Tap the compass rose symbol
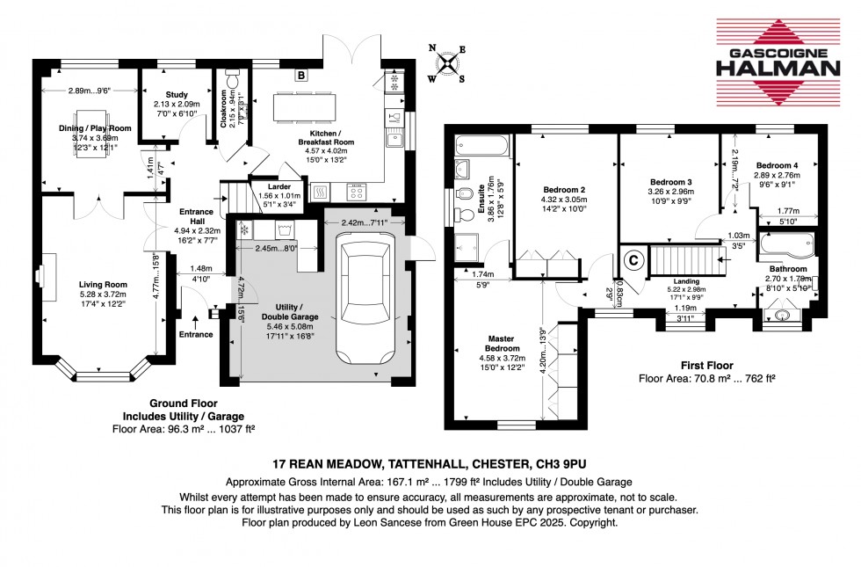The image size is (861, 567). click(x=448, y=63)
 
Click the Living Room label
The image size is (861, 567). click(x=103, y=285)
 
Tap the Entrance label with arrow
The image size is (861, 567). click(x=195, y=334)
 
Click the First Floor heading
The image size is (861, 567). click(x=707, y=365)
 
